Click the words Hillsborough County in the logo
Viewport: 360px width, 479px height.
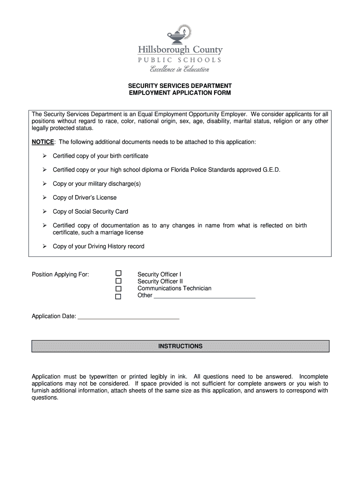tap(180, 50)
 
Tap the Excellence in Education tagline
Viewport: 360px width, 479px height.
tap(180, 69)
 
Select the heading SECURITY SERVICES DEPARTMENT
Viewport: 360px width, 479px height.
tap(180, 86)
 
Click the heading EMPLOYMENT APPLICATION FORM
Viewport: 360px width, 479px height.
tap(180, 93)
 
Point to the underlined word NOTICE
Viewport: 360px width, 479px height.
tap(43, 142)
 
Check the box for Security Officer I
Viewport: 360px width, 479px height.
tap(118, 274)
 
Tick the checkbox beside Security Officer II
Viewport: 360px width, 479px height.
tap(118, 281)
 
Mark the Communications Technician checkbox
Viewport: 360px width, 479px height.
tap(118, 289)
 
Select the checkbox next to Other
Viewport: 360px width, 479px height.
tap(118, 296)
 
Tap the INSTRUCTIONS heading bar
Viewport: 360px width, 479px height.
tap(180, 346)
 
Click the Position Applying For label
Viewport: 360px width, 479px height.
tap(60, 274)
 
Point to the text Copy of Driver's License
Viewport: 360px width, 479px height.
tap(85, 197)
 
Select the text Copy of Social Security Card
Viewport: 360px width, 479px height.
tap(90, 211)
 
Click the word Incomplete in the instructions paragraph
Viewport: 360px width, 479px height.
tap(313, 377)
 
